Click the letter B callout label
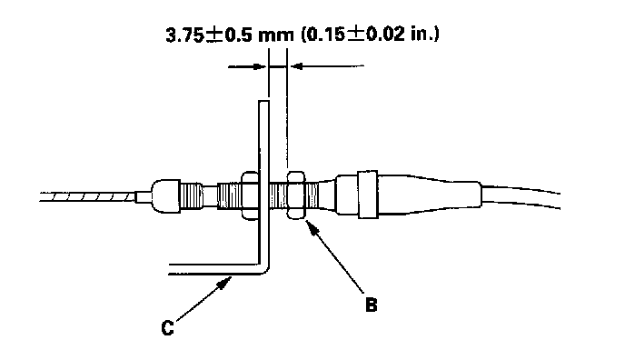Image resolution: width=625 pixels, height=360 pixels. pos(371,305)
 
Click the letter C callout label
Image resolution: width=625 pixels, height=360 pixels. pos(168,327)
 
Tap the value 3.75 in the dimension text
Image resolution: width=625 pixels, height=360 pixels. pos(184,35)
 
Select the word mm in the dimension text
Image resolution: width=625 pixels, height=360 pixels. pos(275,35)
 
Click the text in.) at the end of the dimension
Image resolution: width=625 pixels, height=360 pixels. pos(425,35)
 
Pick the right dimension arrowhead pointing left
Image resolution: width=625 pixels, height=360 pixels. pos(296,66)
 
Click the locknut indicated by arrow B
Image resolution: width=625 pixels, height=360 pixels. pos(296,195)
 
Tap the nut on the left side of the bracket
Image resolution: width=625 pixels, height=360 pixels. pos(250,195)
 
